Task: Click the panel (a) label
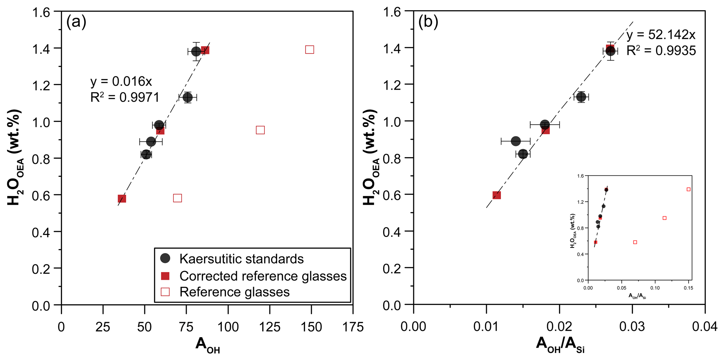76,22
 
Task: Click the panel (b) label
428,22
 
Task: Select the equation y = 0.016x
121,81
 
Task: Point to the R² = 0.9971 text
125,97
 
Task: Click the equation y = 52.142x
661,35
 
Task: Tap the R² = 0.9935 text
661,51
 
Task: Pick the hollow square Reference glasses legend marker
165,292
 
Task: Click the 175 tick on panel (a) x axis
352,327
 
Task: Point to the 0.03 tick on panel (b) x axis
632,327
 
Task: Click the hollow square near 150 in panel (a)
309,50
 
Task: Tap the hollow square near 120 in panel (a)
260,130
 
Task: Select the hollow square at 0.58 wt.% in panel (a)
177,198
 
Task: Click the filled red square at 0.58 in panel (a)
122,199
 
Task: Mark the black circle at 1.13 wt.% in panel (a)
188,97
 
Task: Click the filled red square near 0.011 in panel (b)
496,195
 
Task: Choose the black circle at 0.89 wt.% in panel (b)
516,141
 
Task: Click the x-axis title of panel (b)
560,345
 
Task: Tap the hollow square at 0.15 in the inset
688,189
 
